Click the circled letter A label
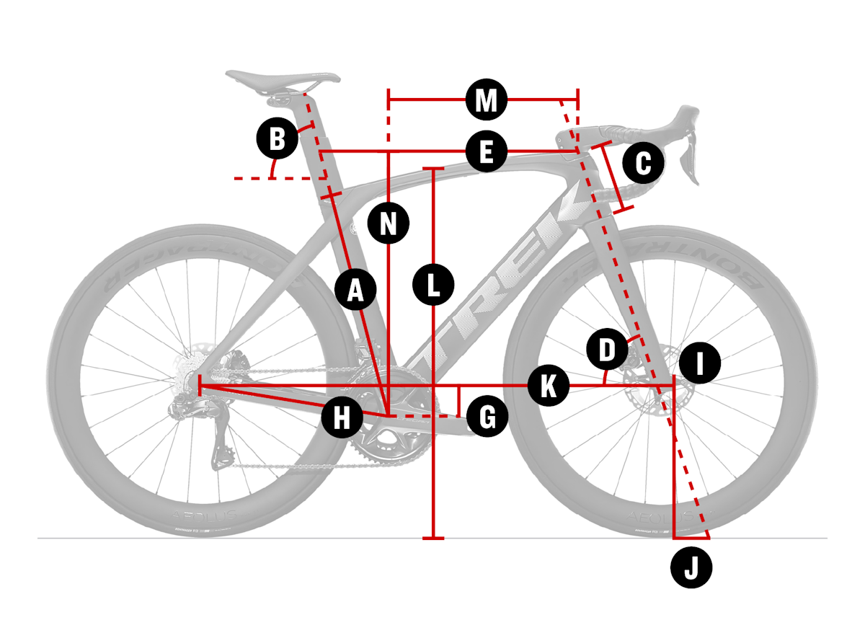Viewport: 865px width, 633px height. click(x=356, y=290)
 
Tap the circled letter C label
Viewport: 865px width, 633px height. click(x=642, y=164)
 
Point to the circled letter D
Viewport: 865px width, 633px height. click(x=607, y=351)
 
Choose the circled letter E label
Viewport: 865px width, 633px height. click(x=487, y=152)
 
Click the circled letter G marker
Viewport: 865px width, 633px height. click(x=487, y=417)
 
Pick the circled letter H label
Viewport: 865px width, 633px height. click(x=342, y=417)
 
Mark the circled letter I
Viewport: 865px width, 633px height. click(x=700, y=363)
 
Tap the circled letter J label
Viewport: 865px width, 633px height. click(x=691, y=569)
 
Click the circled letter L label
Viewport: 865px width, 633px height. click(x=432, y=285)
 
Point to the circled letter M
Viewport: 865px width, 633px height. click(x=487, y=100)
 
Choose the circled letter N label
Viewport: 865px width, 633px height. click(x=389, y=223)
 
